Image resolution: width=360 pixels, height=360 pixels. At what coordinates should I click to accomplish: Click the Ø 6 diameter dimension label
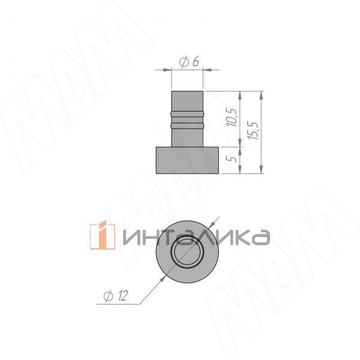pos(189,62)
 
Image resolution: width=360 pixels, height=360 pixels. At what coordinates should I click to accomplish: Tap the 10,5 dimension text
pos(231,118)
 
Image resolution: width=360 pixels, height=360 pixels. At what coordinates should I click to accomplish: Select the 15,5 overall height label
pos(253,130)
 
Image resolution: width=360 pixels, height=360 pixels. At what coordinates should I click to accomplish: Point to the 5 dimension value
pos(232,158)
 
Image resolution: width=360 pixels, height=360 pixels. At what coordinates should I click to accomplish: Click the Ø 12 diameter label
pos(115,296)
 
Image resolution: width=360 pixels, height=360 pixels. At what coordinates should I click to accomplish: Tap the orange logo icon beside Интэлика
pos(103,235)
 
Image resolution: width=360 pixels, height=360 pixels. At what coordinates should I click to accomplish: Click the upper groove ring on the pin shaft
pos(187,113)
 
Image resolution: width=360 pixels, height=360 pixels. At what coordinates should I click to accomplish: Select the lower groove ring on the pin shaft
pos(187,125)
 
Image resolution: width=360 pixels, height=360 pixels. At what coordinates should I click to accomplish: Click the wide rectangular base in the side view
pos(187,160)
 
